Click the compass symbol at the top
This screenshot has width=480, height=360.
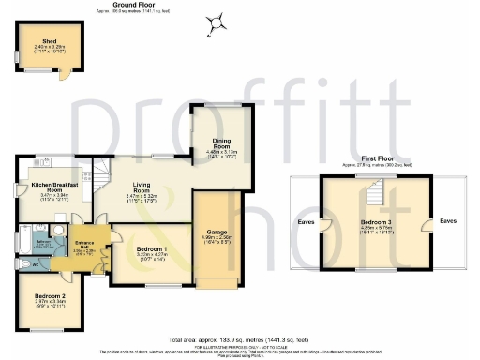pos(217,20)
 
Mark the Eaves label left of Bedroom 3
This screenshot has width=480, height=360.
pos(306,222)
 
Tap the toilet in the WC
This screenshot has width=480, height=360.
pos(22,264)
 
